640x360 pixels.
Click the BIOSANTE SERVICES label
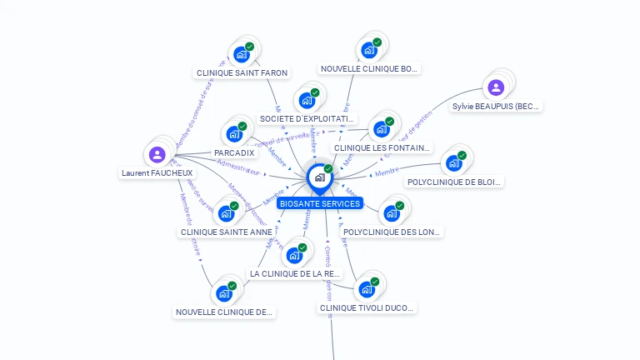coord(320,203)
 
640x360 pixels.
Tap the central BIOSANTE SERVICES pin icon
coord(319,177)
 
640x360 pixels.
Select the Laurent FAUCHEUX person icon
coord(157,154)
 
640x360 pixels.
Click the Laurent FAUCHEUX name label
coord(157,173)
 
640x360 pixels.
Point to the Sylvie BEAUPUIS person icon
coord(496,87)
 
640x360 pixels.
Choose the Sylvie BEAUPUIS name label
coord(496,107)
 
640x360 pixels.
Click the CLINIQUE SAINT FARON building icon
coord(242,54)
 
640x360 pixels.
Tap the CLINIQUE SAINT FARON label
coord(242,73)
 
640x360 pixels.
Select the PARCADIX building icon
coord(234,133)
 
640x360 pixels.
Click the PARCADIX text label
coord(234,153)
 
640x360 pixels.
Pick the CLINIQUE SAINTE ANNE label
coord(226,232)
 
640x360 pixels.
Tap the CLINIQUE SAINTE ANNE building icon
coord(226,212)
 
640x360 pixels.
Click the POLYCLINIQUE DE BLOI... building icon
coord(454,162)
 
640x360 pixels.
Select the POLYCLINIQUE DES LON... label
coord(392,232)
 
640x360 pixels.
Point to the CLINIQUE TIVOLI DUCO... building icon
coord(366,289)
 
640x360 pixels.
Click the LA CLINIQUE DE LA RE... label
coord(295,273)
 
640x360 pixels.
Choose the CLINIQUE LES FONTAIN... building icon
coord(382,129)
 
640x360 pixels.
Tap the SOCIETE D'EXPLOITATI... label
coord(307,119)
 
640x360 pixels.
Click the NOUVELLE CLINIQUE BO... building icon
coord(369,50)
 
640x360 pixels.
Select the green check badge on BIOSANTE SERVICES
coord(328,169)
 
